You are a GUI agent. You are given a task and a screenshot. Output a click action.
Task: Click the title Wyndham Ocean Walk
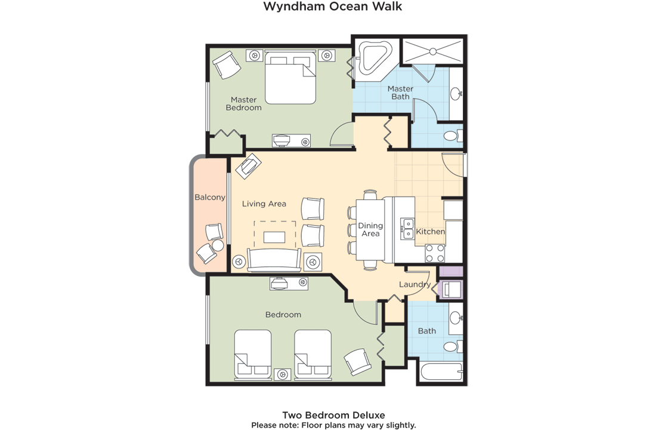pyautogui.click(x=333, y=7)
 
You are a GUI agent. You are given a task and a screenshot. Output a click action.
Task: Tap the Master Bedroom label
pyautogui.click(x=244, y=104)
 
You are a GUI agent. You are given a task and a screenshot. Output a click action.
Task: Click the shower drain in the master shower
pyautogui.click(x=433, y=51)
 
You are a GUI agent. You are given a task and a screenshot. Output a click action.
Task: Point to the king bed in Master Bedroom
pyautogui.click(x=290, y=77)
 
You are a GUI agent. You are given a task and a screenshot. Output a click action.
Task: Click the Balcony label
pyautogui.click(x=209, y=197)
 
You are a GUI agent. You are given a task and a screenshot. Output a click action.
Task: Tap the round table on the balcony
pyautogui.click(x=218, y=245)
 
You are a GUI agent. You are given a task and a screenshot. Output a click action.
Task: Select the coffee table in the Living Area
pyautogui.click(x=275, y=236)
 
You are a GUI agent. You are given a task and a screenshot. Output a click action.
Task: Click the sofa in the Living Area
pyautogui.click(x=274, y=260)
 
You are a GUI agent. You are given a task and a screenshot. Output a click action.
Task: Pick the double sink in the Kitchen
pyautogui.click(x=408, y=228)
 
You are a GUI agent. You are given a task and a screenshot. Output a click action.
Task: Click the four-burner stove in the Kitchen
pyautogui.click(x=435, y=253)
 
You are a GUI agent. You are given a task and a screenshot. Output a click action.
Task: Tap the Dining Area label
pyautogui.click(x=370, y=229)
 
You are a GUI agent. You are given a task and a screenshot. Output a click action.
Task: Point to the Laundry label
pyautogui.click(x=415, y=284)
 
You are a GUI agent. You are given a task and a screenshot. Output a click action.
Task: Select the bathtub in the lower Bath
pyautogui.click(x=442, y=372)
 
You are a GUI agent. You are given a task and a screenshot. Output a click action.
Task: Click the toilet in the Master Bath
pyautogui.click(x=453, y=136)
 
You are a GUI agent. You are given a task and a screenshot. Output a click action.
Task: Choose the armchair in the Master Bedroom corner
pyautogui.click(x=227, y=64)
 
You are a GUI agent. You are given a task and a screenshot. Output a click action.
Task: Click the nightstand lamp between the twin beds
pyautogui.click(x=282, y=374)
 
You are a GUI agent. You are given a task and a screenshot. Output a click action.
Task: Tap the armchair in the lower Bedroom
pyautogui.click(x=357, y=362)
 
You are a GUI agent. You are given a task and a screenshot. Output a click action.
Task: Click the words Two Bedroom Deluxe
pyautogui.click(x=333, y=415)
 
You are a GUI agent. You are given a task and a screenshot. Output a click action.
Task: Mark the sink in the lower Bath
pyautogui.click(x=456, y=318)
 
